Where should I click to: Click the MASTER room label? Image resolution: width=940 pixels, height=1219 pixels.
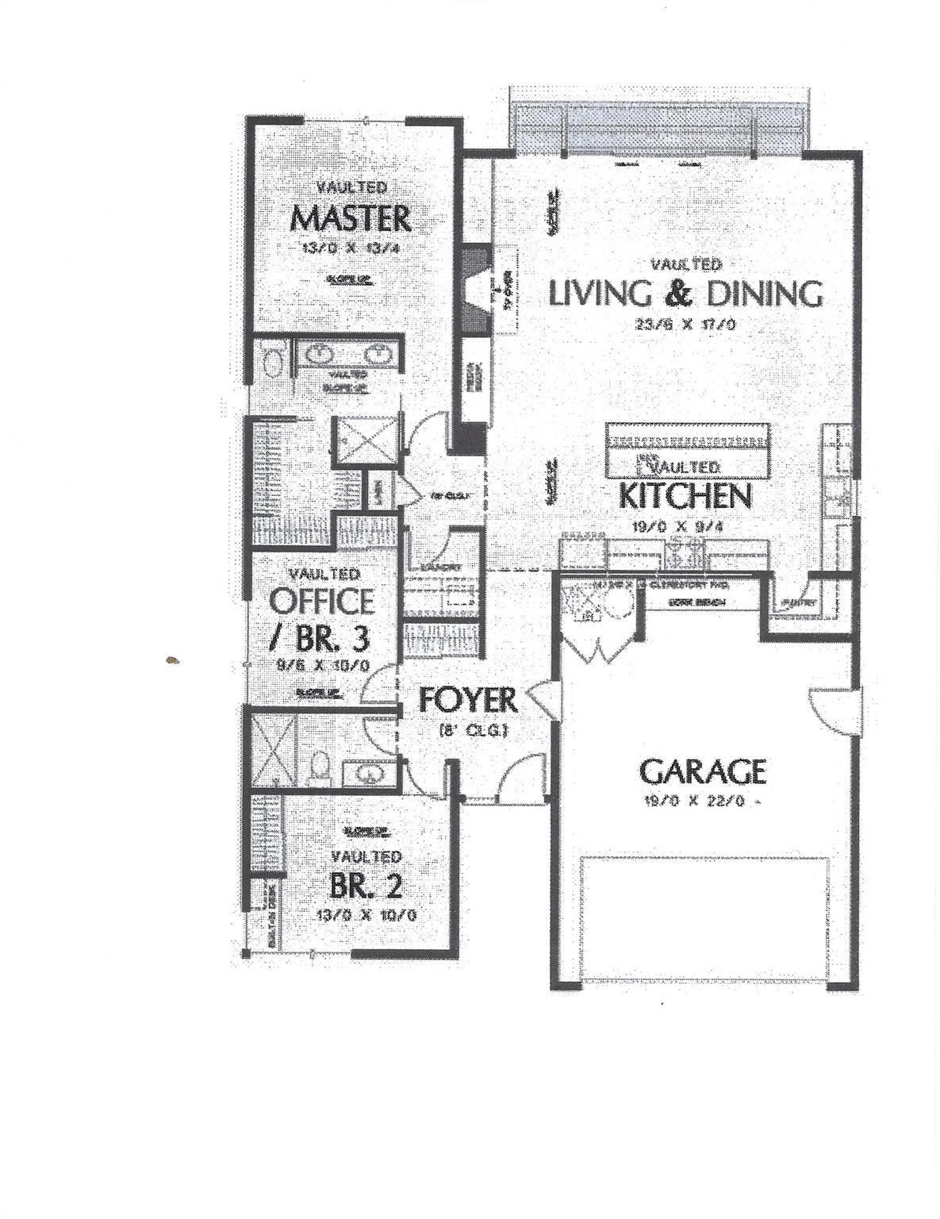[351, 217]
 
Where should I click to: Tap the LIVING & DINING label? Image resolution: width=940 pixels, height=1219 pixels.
[685, 293]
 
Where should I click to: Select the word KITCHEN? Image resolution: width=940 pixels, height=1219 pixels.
[684, 496]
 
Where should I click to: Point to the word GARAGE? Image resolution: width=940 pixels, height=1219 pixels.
[702, 771]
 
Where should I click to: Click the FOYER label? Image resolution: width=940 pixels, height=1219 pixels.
[468, 700]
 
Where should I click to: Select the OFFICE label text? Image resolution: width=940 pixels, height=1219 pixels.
[322, 601]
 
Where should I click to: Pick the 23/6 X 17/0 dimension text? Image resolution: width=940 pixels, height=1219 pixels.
[685, 324]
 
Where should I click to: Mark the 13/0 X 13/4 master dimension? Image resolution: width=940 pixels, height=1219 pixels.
[351, 248]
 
